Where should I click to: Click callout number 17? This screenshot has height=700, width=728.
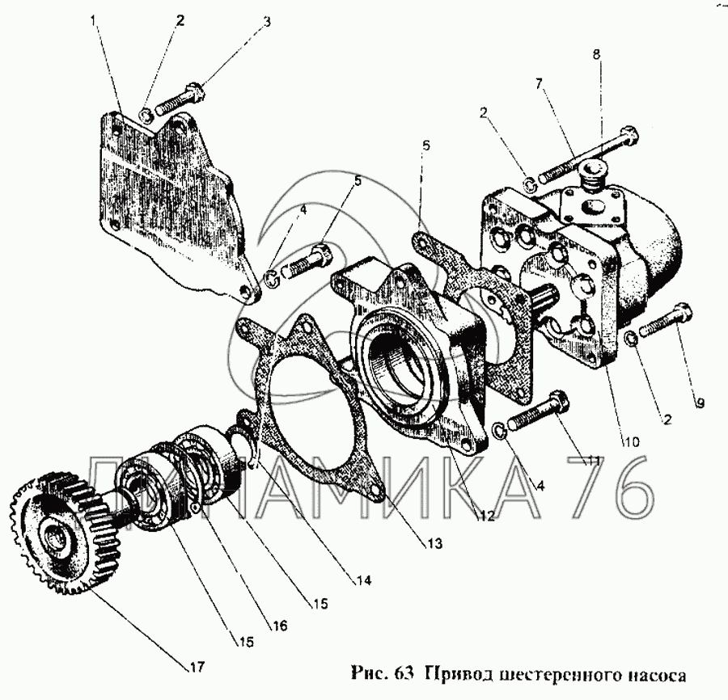tap(196, 667)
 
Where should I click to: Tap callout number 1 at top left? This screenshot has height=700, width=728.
tap(94, 20)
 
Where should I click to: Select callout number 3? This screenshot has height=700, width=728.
tap(266, 22)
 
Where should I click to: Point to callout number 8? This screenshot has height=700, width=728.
tap(597, 54)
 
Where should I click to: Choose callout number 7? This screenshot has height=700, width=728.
tap(539, 84)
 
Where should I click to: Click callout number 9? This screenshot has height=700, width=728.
tap(700, 403)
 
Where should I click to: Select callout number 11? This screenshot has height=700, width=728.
tap(591, 461)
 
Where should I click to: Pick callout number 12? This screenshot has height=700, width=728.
tap(486, 516)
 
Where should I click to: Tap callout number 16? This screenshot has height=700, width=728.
tap(280, 626)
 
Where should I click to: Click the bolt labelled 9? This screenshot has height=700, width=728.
tap(666, 319)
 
